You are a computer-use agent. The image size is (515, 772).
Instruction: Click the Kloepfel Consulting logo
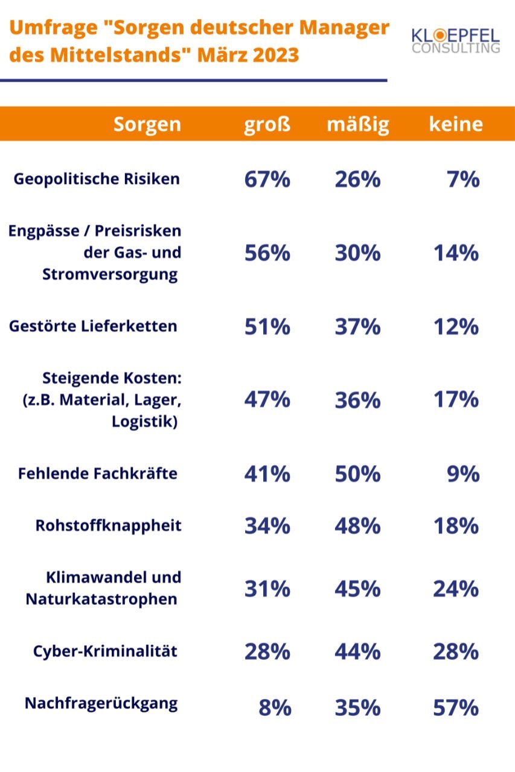(456, 40)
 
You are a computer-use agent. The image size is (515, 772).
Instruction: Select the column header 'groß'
(267, 124)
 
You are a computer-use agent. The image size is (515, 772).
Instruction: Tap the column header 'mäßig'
(358, 124)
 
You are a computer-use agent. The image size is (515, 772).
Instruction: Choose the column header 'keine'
(456, 124)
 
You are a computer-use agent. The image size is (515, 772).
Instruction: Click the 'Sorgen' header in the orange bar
(147, 124)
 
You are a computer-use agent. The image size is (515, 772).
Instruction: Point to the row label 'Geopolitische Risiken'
(97, 179)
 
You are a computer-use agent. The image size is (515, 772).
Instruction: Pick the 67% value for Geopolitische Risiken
(267, 180)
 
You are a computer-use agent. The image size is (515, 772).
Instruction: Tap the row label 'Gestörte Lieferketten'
(93, 326)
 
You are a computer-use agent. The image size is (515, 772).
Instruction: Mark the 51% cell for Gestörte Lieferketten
(267, 327)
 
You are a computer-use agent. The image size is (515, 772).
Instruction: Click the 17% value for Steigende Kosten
(456, 400)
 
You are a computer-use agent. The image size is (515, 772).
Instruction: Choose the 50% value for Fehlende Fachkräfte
(358, 474)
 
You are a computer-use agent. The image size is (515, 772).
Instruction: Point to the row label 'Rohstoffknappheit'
(109, 525)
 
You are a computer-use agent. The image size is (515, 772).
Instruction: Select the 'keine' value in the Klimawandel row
(456, 589)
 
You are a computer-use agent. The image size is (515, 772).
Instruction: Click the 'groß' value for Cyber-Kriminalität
(267, 652)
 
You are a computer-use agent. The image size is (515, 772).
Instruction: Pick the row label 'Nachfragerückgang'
(101, 704)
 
